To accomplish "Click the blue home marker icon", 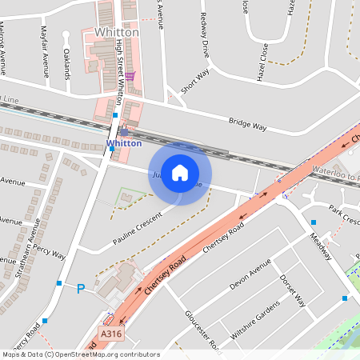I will click(x=180, y=173).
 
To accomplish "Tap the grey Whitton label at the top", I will click(x=116, y=32).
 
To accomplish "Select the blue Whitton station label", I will click(x=124, y=144).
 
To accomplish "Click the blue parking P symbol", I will click(x=80, y=289).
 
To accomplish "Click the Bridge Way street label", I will click(x=247, y=124).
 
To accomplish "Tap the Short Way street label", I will click(x=194, y=81).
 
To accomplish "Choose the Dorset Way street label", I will click(x=293, y=291).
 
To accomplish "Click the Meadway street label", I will click(x=320, y=246).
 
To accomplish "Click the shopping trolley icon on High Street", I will click(x=130, y=77).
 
